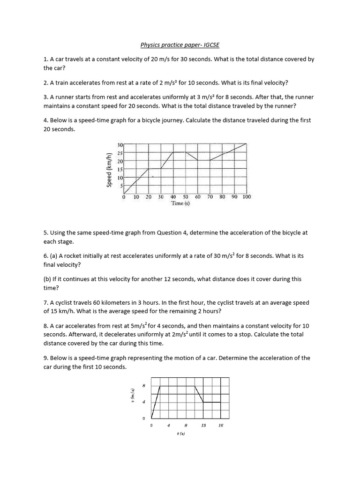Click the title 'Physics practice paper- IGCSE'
[180, 45]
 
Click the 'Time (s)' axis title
[180, 203]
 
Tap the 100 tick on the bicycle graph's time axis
[246, 197]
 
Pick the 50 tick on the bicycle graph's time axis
[185, 197]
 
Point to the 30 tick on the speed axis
[120, 145]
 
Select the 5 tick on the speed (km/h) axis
[121, 186]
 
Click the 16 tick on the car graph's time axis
[221, 426]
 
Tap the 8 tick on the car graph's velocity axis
[144, 386]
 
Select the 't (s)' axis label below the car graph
[181, 434]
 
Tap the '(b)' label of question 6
[48, 279]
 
